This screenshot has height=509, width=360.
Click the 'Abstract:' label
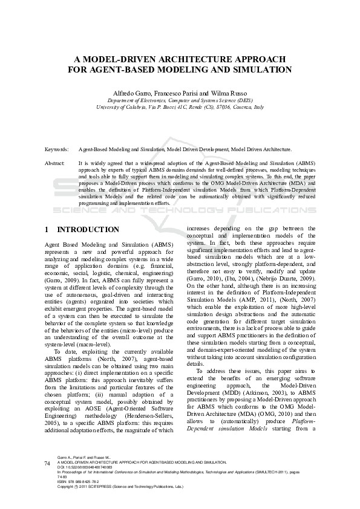[55, 163]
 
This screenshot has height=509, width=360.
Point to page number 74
[48, 463]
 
